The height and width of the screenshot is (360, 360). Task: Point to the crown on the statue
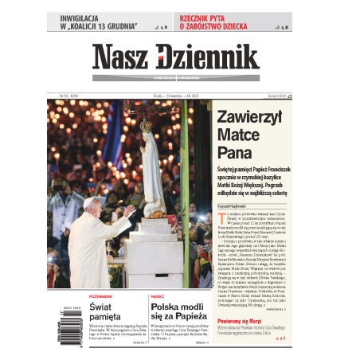tap(146, 126)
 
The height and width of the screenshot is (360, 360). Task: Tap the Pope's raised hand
tap(130, 210)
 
